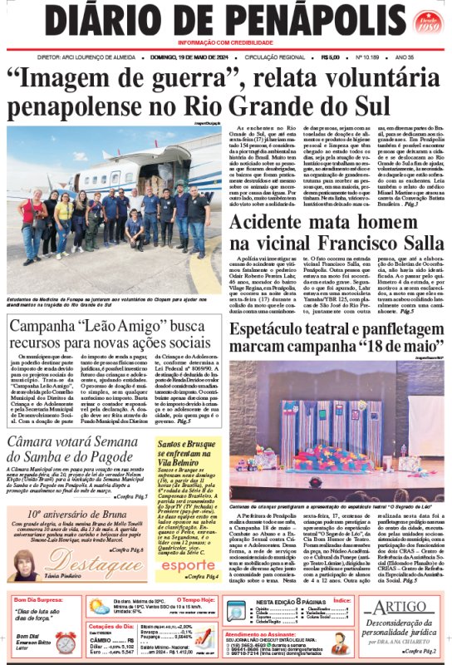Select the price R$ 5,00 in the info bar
pyautogui.click(x=327, y=57)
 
